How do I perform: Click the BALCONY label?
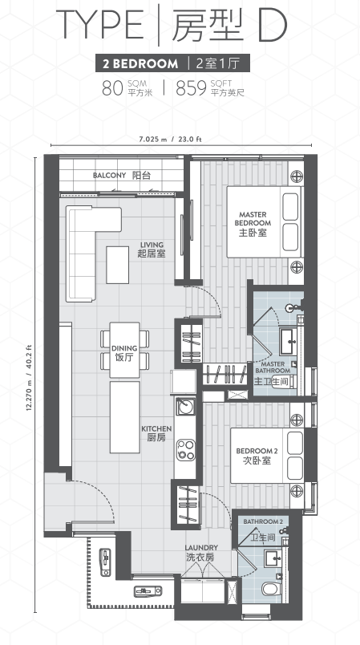(x=109, y=176)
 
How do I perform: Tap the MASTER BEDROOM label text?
(x=253, y=219)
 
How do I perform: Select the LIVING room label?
(x=152, y=245)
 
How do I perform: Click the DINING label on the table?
(x=124, y=348)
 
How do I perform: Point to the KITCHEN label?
(x=156, y=429)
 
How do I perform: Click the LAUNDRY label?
(x=201, y=548)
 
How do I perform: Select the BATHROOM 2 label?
(x=263, y=521)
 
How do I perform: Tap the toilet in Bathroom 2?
(x=271, y=589)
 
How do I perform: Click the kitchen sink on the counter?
(x=185, y=407)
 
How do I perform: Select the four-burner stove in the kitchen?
(x=185, y=450)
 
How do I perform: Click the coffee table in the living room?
(x=118, y=265)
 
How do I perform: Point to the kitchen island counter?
(x=124, y=417)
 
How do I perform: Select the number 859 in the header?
(x=191, y=88)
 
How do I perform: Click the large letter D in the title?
(x=272, y=26)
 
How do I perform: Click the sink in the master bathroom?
(x=290, y=342)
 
